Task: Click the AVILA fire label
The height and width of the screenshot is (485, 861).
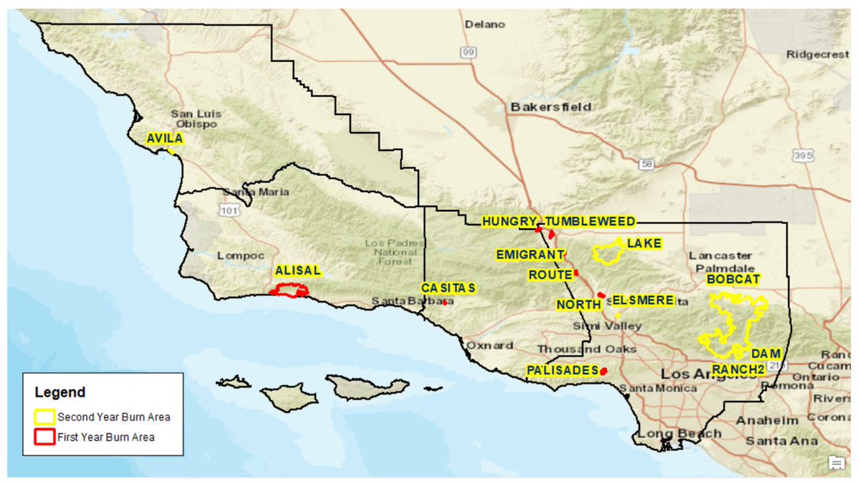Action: click(165, 139)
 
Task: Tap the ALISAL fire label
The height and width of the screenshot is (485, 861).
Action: click(297, 272)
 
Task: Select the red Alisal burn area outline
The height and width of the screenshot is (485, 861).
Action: click(288, 290)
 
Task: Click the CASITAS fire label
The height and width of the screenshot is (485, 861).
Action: click(448, 288)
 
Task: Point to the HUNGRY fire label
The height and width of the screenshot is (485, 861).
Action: click(509, 221)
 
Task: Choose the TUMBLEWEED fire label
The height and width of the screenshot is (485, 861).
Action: click(590, 221)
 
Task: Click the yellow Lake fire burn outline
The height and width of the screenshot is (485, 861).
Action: click(608, 254)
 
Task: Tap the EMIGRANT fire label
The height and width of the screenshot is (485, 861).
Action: click(530, 255)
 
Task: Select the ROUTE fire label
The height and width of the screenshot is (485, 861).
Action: click(549, 274)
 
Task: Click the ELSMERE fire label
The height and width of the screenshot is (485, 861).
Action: click(643, 300)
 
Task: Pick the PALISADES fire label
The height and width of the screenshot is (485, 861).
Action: click(562, 370)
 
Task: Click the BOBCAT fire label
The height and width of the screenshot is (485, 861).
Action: click(733, 280)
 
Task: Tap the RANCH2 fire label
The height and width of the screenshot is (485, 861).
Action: click(738, 369)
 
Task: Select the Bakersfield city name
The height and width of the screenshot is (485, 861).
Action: click(550, 107)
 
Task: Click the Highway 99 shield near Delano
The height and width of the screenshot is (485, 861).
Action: click(469, 52)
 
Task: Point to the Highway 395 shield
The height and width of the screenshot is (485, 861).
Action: click(802, 155)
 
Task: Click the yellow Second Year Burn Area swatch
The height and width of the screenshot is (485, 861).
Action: click(45, 417)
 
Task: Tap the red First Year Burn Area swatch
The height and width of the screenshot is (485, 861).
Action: click(45, 436)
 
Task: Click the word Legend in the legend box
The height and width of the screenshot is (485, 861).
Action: click(60, 392)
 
